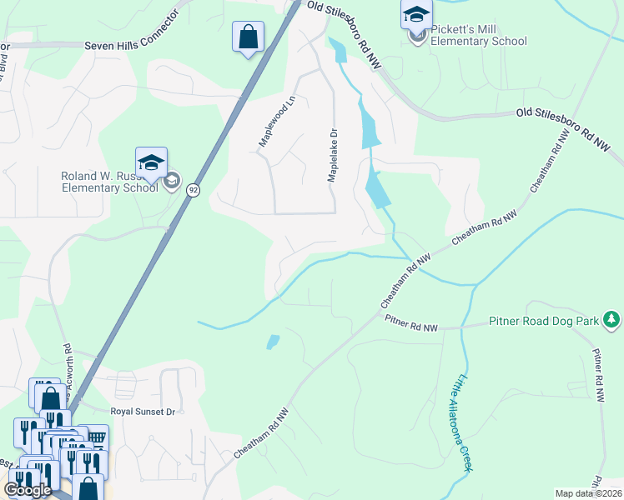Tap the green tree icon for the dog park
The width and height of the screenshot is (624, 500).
[x=612, y=319]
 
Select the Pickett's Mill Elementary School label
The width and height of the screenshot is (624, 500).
[x=479, y=35]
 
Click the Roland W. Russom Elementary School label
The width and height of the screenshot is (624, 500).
[x=109, y=182]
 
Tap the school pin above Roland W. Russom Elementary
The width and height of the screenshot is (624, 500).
[x=151, y=162]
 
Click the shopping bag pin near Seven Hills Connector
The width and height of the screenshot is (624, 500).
[x=248, y=37]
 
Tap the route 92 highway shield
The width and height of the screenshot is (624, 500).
[x=193, y=190]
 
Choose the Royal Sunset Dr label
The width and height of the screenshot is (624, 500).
[x=143, y=412]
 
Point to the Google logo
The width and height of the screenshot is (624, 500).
[x=28, y=490]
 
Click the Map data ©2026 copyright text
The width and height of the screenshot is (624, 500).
[x=589, y=493]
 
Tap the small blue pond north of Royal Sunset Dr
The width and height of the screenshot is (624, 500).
[x=272, y=342]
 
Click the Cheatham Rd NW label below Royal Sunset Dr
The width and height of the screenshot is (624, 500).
[x=262, y=432]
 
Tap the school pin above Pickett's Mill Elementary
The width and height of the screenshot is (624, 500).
[x=416, y=14]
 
